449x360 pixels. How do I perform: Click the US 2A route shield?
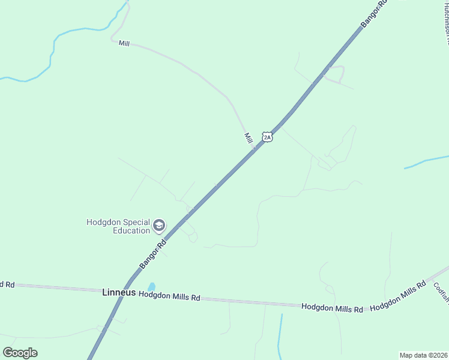coord(268,137)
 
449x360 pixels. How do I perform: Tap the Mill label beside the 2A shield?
coord(248,138)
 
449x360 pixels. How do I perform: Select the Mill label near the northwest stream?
coord(124,43)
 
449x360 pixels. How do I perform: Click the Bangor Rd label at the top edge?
coord(374,14)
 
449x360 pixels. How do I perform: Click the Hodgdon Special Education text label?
coord(118,226)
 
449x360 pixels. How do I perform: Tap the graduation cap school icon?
coord(159,226)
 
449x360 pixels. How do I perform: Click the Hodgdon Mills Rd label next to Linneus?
coord(169,296)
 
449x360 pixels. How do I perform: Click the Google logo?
coord(20,353)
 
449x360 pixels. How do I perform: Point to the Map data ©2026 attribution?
coord(424,355)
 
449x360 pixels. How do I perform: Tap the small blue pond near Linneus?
coord(151,287)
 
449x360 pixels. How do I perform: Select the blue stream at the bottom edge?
coord(280,336)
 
